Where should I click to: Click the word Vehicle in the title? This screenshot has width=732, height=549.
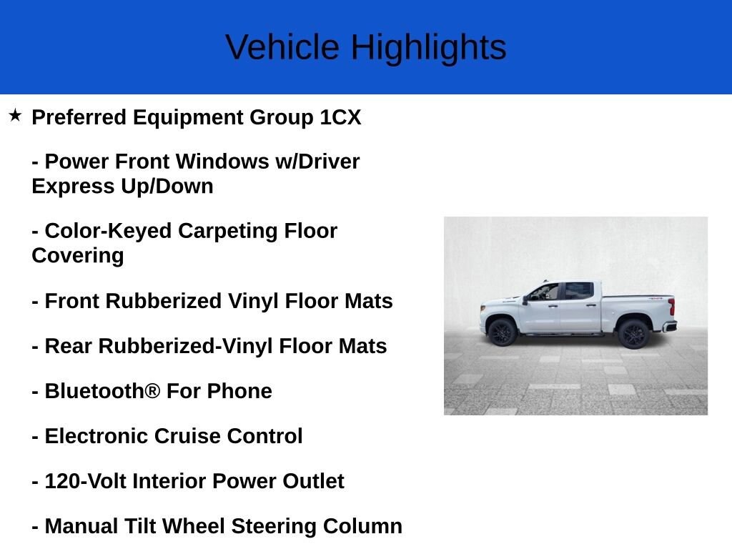coord(282,46)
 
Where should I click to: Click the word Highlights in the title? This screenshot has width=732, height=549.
coord(429,48)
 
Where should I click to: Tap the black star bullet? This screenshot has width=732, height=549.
coord(15,115)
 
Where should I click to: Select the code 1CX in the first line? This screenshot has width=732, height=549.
coord(340,117)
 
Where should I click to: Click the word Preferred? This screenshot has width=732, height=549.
coord(79,117)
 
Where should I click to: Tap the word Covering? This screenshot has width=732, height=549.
coord(78,256)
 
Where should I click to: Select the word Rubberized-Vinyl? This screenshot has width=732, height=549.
coord(185,347)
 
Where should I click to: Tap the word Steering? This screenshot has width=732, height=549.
coord(274,527)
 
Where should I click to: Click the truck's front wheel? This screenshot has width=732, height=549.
coord(503,332)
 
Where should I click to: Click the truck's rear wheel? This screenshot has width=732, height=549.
coord(633,334)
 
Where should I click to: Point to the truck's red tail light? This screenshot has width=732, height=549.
coord(671,307)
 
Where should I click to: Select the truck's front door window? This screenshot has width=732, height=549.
coord(544,292)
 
